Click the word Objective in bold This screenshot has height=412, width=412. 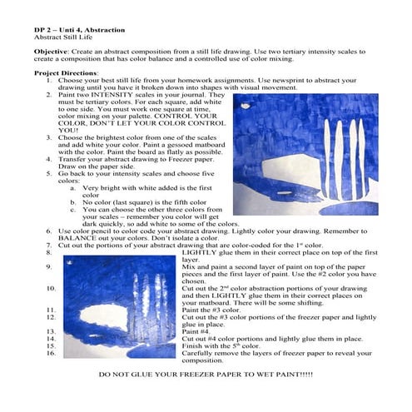click(x=51, y=52)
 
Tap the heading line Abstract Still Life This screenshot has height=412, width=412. click(x=63, y=37)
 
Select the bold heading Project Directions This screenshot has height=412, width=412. click(x=66, y=73)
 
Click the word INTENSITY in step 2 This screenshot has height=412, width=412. click(x=112, y=95)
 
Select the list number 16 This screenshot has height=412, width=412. click(x=51, y=353)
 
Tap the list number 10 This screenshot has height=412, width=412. click(x=51, y=289)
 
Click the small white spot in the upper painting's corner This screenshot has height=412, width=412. click(x=246, y=106)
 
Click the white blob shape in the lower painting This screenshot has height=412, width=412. click(x=104, y=316)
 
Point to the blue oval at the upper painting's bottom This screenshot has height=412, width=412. click(x=349, y=209)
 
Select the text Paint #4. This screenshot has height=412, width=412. click(x=196, y=331)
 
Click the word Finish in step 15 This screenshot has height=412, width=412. click(x=190, y=346)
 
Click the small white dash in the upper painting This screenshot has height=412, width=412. click(x=285, y=193)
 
